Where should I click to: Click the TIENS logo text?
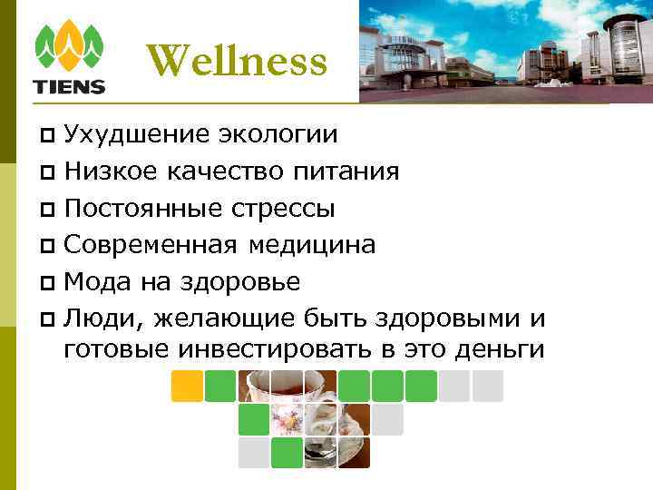(69, 87)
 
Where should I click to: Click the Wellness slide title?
(236, 61)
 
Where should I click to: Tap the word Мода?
(98, 281)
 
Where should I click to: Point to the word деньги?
(498, 349)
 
